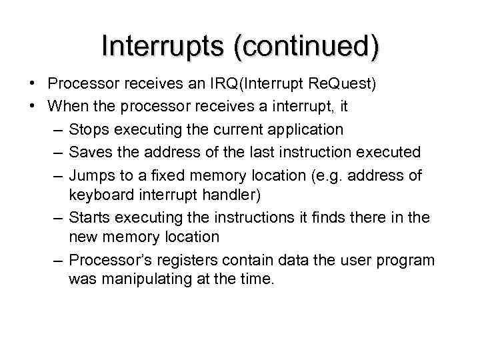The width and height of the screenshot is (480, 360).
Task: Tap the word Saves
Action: [91, 152]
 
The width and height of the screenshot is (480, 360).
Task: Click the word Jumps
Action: [92, 175]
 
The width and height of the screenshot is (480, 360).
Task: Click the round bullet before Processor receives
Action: [32, 84]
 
